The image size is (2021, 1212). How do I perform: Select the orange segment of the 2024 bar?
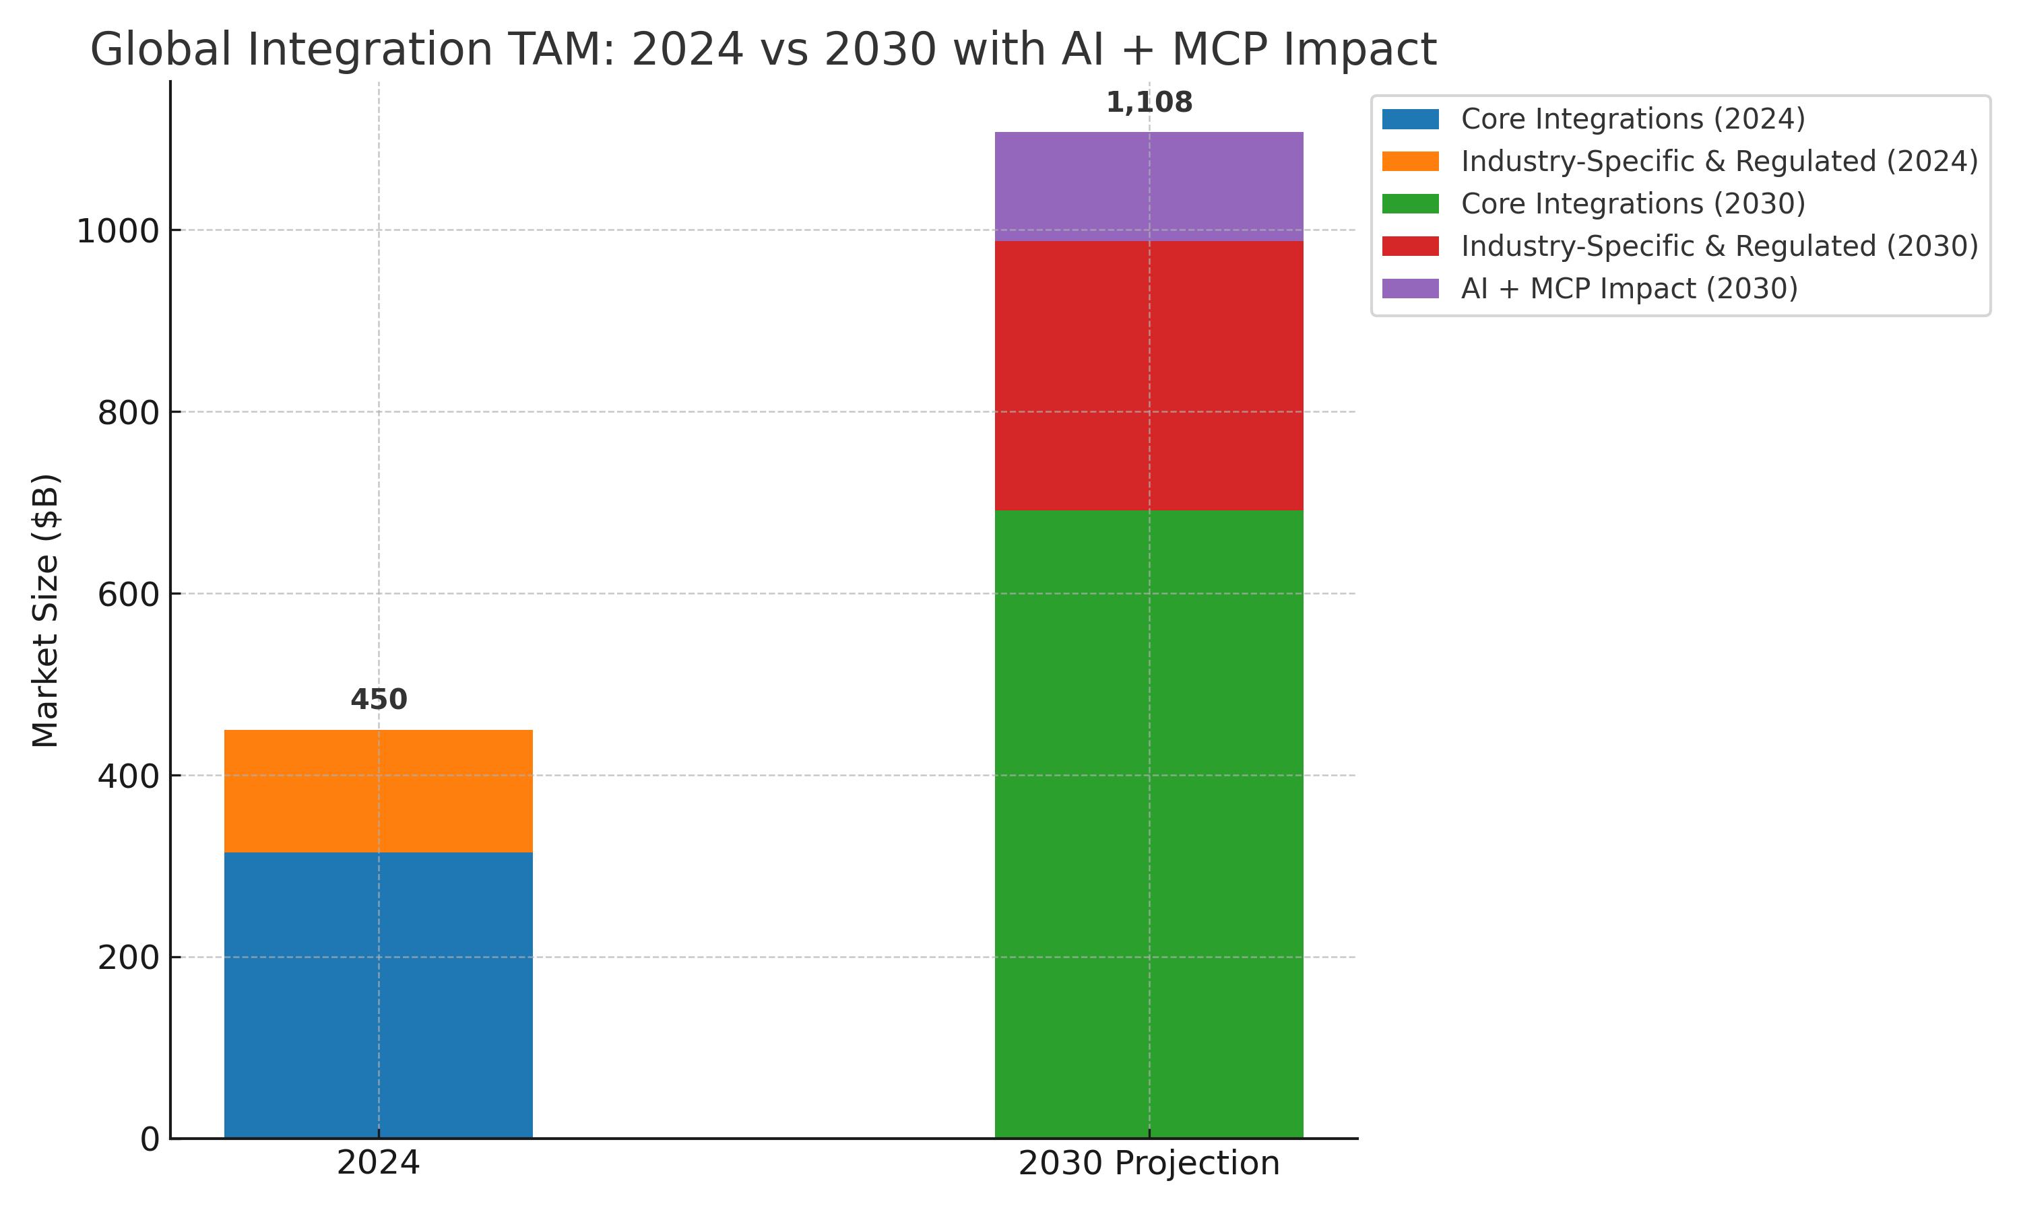378,790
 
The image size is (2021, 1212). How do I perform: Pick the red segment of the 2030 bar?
1149,376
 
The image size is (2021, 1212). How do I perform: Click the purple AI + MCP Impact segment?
1149,187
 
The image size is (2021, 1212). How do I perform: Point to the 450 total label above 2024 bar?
378,700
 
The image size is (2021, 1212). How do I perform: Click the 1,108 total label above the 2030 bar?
1149,103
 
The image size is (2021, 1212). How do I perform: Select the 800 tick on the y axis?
128,413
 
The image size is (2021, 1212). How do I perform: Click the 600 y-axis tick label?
128,595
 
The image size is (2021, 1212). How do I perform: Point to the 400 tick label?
128,776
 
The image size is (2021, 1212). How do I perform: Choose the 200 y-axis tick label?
128,957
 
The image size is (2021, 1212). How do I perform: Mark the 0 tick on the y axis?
150,1139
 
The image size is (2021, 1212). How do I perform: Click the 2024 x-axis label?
378,1163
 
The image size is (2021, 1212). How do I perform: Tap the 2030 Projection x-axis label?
1149,1163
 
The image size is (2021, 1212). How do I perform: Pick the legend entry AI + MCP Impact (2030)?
1629,288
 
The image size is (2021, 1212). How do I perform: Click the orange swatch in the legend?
1410,162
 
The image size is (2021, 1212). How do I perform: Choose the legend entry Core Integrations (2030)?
1632,203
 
